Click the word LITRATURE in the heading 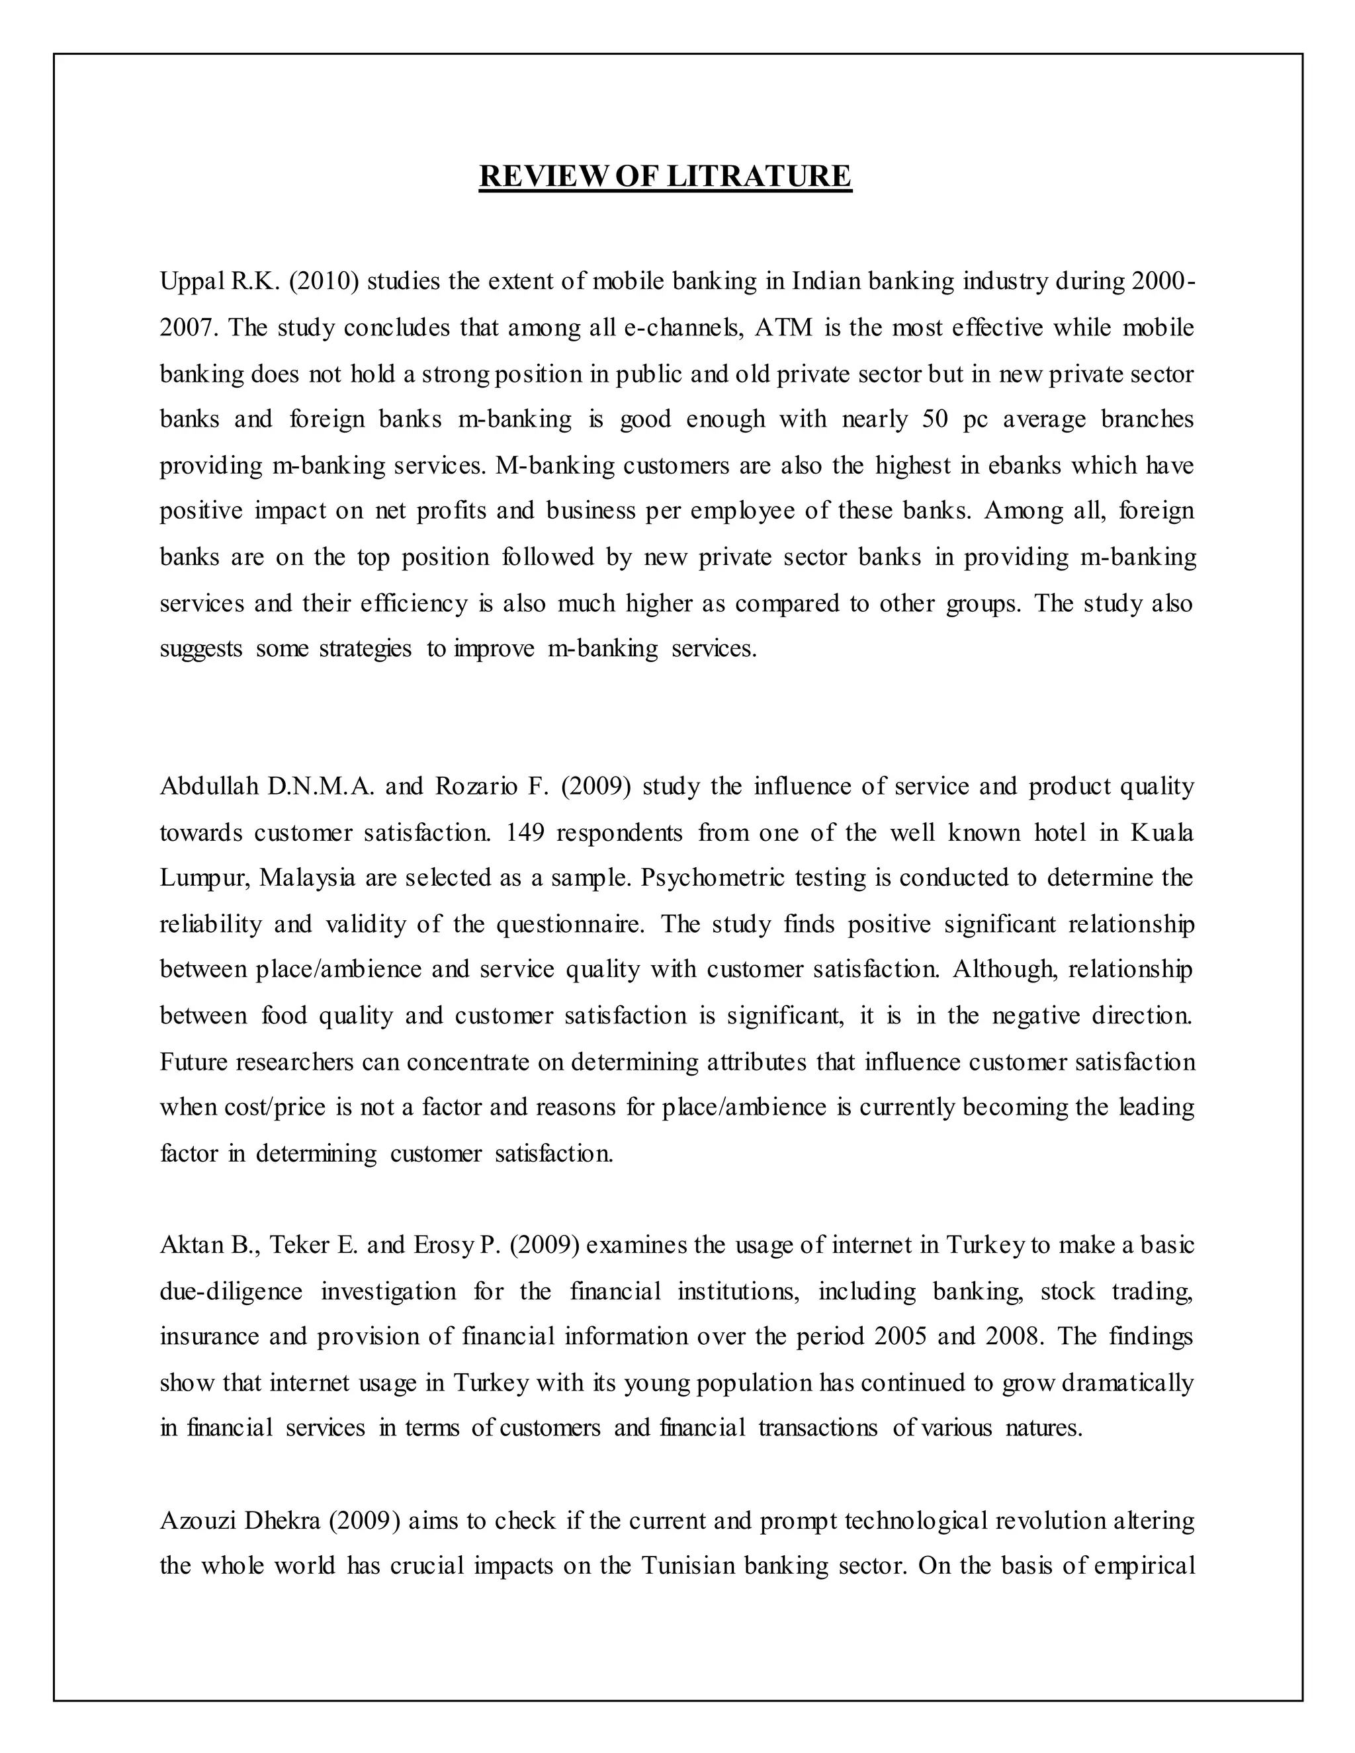coord(759,176)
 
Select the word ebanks coord(1024,466)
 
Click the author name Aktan coord(191,1245)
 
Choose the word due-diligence coord(231,1291)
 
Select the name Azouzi coord(197,1521)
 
